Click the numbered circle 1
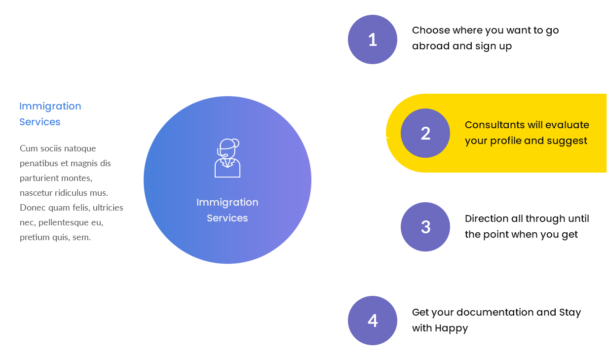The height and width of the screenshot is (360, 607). coord(373,39)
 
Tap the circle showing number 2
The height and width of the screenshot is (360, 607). coord(425,133)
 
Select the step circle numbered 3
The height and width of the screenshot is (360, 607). coord(425,227)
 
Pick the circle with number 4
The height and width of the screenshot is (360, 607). coord(373,321)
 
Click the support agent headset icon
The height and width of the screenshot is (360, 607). coord(228,158)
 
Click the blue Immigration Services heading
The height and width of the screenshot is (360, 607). coord(50,114)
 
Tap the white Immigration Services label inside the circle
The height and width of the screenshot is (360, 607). coord(228,210)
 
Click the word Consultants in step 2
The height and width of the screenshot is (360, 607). coord(495,125)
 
